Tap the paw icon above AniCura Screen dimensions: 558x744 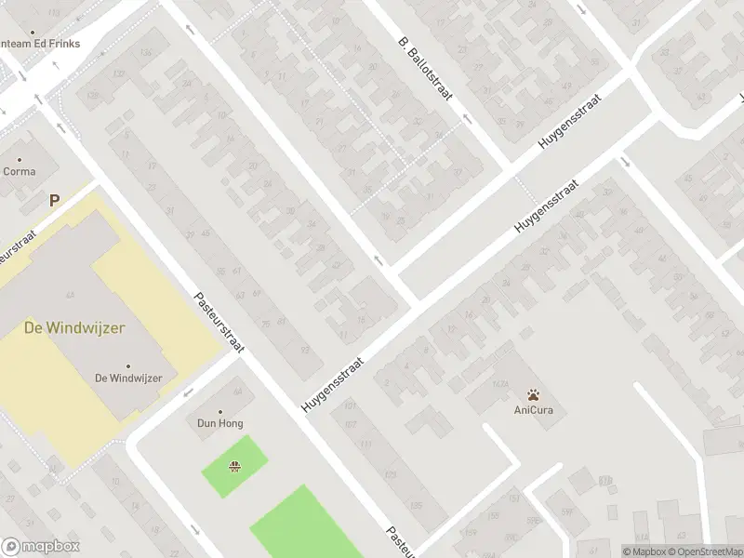533,394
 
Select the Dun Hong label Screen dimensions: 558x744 219,423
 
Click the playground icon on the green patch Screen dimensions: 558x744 234,466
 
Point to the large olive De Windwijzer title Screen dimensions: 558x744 74,327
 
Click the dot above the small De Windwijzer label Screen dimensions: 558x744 128,365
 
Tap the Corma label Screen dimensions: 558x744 20,171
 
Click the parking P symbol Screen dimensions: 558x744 54,199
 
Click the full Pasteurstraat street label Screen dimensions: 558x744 219,323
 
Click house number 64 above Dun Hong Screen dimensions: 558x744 236,392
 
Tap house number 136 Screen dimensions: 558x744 146,53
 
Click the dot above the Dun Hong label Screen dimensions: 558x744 220,411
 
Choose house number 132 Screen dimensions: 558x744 118,73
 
